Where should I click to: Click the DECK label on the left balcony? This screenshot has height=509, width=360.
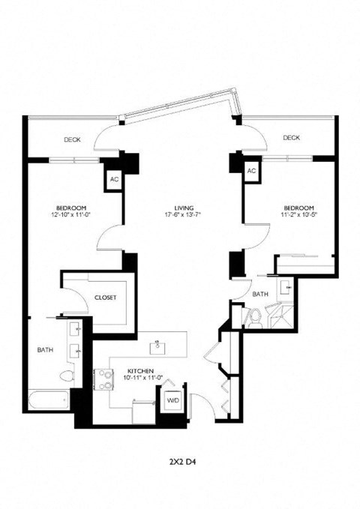pos(72,139)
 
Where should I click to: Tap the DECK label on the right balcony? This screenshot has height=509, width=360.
pos(291,137)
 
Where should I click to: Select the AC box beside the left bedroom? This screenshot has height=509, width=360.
pos(114,179)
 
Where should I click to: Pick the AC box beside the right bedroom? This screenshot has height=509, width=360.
pos(252,172)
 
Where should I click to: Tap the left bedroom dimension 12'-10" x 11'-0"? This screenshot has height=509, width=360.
pos(71,215)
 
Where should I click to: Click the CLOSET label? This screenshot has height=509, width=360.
pos(105,298)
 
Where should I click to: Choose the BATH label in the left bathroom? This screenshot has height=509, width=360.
pos(45,349)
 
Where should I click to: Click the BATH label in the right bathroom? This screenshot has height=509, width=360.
pos(259,295)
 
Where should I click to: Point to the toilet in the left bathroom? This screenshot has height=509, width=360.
pos(66,376)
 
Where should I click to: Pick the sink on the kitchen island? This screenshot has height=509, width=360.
pos(158,347)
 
